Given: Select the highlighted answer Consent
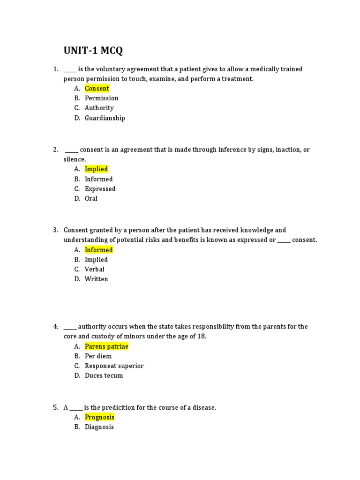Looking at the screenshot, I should (97, 89).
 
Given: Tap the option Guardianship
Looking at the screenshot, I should (105, 118).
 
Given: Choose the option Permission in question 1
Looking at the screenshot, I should (101, 98).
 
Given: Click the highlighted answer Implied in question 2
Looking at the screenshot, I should (96, 169).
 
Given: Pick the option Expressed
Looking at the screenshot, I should (100, 189).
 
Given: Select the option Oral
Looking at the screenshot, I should (91, 199).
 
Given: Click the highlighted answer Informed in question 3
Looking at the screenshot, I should (98, 250).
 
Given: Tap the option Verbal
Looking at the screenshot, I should (94, 270).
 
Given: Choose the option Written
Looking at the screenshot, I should (96, 279).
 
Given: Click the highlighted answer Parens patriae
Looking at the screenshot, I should (106, 346).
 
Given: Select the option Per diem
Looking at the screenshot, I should (98, 356).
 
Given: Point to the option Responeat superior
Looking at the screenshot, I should (114, 366).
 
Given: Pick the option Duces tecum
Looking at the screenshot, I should (104, 376).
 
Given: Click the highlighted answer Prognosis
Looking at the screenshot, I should (99, 417).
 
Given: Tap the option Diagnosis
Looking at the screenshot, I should (99, 427).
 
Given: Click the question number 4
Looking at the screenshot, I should (55, 327).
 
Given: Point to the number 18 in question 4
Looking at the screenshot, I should (202, 337).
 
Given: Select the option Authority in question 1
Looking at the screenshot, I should (99, 108).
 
